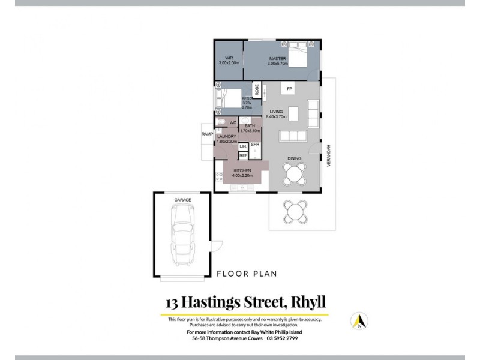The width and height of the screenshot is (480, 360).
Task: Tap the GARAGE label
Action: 182,199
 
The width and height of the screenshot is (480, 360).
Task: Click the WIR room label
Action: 229,58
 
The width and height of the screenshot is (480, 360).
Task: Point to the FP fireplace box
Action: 289,89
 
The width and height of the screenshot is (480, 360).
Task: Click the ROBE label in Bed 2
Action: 257,90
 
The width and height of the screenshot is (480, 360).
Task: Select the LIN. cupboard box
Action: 243,146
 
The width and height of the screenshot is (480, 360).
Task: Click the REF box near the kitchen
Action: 244,155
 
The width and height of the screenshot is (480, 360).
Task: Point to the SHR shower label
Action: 254,145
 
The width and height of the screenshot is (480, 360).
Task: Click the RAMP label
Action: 208,134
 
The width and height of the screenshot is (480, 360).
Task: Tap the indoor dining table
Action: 295,175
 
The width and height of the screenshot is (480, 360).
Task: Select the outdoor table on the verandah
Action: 295,211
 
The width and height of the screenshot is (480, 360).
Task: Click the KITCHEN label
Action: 242,171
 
